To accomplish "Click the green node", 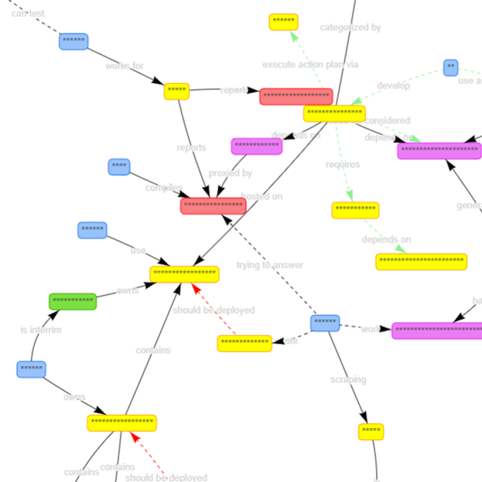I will tap(72, 302).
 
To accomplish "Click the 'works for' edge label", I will tap(124, 66).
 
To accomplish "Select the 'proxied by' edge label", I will tap(230, 173).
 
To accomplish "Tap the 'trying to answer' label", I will tap(270, 265).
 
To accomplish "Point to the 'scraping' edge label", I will tap(348, 379).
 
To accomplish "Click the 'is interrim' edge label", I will tap(41, 330).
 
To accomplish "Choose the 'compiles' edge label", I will tap(164, 188).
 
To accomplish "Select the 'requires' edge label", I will tap(343, 164).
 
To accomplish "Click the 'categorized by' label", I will tap(350, 27).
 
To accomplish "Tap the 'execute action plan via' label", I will tap(310, 65).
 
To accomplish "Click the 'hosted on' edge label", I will tap(262, 196).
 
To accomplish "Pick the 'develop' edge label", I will tap(394, 86).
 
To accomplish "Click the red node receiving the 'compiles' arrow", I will tap(213, 206).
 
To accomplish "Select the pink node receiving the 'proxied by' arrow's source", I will tap(256, 146).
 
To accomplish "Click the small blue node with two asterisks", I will tap(451, 67).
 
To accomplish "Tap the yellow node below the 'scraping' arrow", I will tap(371, 432).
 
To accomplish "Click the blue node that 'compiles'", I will tap(119, 166).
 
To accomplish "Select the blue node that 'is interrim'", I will tap(31, 369).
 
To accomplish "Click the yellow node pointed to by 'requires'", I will tap(355, 210).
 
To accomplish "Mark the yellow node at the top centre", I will tap(283, 22).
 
